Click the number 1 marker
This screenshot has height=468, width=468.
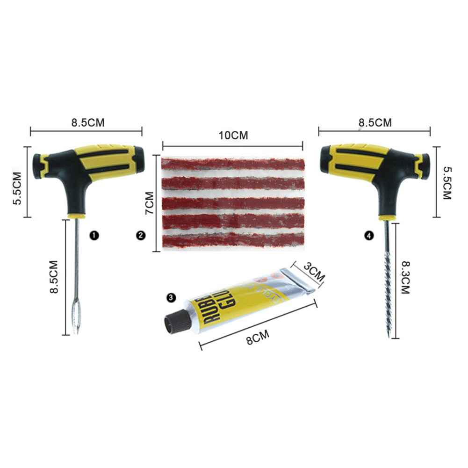tap(95, 236)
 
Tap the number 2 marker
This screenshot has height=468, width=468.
tap(140, 236)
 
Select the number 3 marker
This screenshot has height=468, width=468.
tap(171, 297)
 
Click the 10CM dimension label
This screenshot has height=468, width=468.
tap(233, 135)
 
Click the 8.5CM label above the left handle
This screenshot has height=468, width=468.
tap(87, 123)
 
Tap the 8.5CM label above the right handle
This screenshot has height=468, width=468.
tap(375, 123)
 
